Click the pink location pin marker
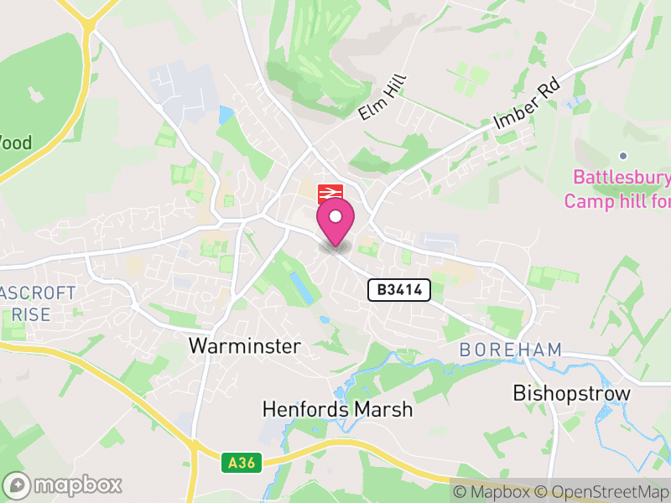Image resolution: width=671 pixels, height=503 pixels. [335, 221]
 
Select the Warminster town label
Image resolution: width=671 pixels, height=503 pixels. [245, 345]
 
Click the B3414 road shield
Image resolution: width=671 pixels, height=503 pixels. [399, 291]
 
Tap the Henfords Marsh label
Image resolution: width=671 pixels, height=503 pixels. [337, 409]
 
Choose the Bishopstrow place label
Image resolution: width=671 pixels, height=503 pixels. [571, 392]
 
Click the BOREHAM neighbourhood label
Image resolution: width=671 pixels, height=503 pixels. [511, 350]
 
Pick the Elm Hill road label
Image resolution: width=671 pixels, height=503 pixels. [382, 98]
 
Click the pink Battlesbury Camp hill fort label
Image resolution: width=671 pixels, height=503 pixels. [621, 189]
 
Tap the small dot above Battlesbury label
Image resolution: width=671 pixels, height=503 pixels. [622, 156]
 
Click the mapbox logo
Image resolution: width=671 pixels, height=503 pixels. [63, 485]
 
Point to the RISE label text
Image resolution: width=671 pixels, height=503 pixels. [32, 315]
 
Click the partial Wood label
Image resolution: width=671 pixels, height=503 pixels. [15, 143]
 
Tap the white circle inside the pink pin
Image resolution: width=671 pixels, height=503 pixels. [335, 216]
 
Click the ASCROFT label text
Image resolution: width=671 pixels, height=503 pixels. [38, 293]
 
